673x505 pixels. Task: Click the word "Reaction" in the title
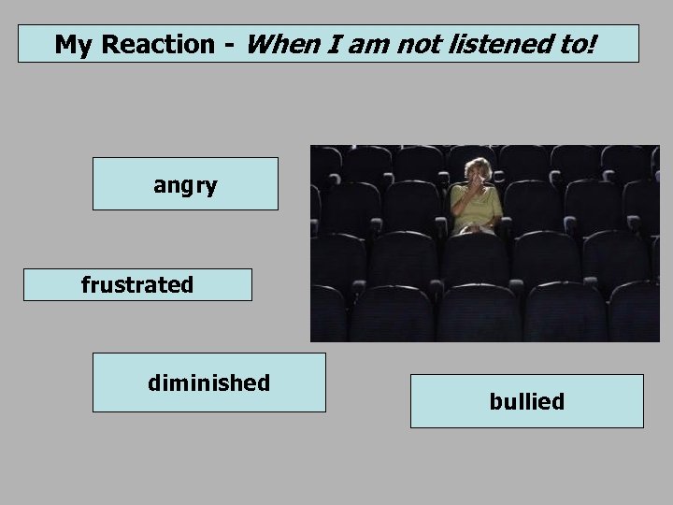(x=161, y=44)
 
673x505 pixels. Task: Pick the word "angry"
(x=185, y=185)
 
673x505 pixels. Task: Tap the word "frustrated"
(x=137, y=284)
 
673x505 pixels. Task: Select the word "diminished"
(x=208, y=382)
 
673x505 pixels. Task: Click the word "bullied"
(x=526, y=402)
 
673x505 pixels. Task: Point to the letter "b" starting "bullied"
(x=494, y=402)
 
